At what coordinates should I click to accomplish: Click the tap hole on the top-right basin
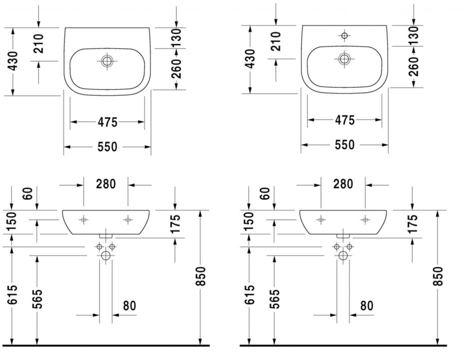click(x=344, y=35)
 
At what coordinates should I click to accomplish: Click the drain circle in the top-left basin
click(x=107, y=61)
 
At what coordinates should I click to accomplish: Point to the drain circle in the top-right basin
click(x=344, y=59)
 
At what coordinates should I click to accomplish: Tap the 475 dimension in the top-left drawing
click(x=107, y=122)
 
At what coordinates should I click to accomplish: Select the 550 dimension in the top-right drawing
click(x=344, y=144)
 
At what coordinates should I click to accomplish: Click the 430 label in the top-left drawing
click(x=13, y=62)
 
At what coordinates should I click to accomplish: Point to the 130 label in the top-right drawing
click(x=414, y=34)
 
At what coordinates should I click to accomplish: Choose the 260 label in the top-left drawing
click(x=176, y=69)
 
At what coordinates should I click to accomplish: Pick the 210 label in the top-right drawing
click(x=275, y=41)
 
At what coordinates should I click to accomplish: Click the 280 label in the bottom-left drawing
click(x=106, y=184)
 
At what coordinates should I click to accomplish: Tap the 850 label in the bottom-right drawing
click(x=439, y=276)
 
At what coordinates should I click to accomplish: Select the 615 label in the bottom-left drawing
click(x=12, y=295)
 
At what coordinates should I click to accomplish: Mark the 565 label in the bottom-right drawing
click(x=275, y=299)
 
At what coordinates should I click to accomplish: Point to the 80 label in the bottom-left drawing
click(x=129, y=306)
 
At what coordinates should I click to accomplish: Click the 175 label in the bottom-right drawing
click(x=413, y=224)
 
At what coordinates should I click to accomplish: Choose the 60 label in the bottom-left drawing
click(x=28, y=194)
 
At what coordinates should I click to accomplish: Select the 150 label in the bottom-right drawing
click(x=249, y=221)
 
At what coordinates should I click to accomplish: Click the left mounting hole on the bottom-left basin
click(x=83, y=220)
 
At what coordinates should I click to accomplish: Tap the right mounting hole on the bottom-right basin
click(x=365, y=220)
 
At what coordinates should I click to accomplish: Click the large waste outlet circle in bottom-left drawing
click(x=106, y=255)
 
